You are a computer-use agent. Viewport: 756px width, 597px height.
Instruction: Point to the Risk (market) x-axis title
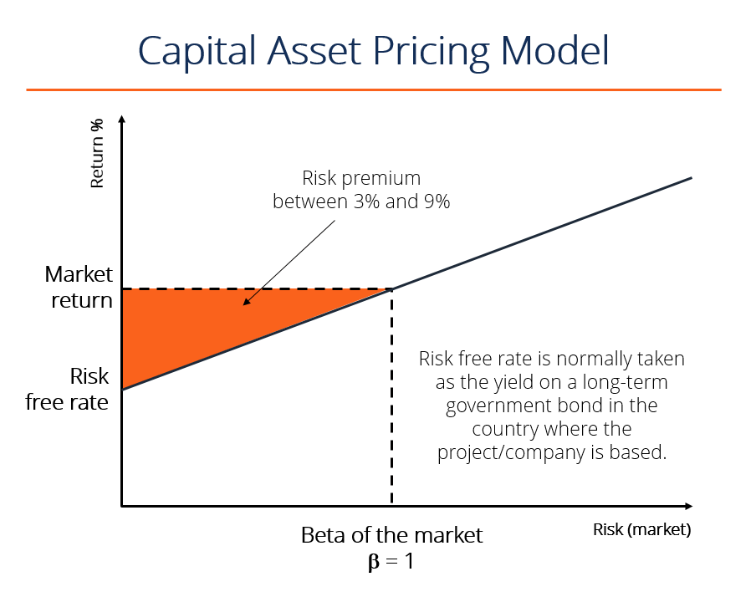[x=642, y=529]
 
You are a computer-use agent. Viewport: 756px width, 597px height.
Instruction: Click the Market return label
[x=79, y=287]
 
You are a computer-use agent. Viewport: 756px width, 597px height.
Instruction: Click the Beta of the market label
[x=391, y=535]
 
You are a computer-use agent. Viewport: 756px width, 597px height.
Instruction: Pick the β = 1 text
[x=391, y=561]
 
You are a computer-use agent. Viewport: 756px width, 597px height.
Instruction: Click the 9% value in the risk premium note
[x=434, y=201]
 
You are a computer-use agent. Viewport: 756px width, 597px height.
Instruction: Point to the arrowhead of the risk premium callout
[x=244, y=303]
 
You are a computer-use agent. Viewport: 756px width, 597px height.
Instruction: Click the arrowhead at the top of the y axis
[x=122, y=120]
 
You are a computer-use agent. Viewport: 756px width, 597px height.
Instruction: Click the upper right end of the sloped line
[x=690, y=178]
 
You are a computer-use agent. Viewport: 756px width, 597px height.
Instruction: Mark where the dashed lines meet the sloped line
[x=391, y=289]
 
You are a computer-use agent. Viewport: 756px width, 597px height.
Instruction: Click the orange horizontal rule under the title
[x=373, y=89]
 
